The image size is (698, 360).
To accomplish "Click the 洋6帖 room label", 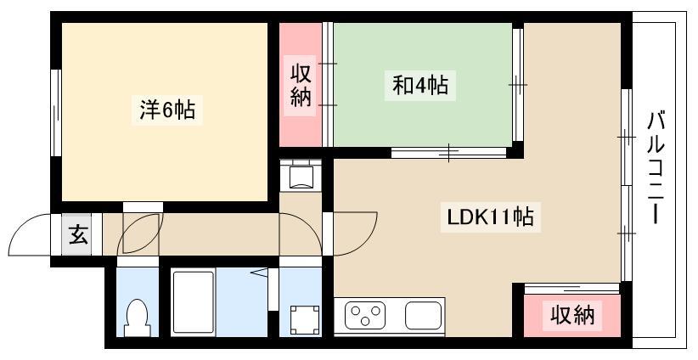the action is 167,110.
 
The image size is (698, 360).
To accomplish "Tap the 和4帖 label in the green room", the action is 420,85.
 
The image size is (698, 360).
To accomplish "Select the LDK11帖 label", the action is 490,217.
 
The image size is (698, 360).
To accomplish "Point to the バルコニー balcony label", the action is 656,169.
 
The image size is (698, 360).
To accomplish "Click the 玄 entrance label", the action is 78,235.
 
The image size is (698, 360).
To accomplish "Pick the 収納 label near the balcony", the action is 572,316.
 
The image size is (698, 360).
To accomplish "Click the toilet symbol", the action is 137,318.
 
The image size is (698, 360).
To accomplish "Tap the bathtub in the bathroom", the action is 194,302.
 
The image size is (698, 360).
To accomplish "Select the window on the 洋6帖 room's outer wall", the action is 56,113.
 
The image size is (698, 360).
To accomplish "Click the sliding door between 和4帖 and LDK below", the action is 448,153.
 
